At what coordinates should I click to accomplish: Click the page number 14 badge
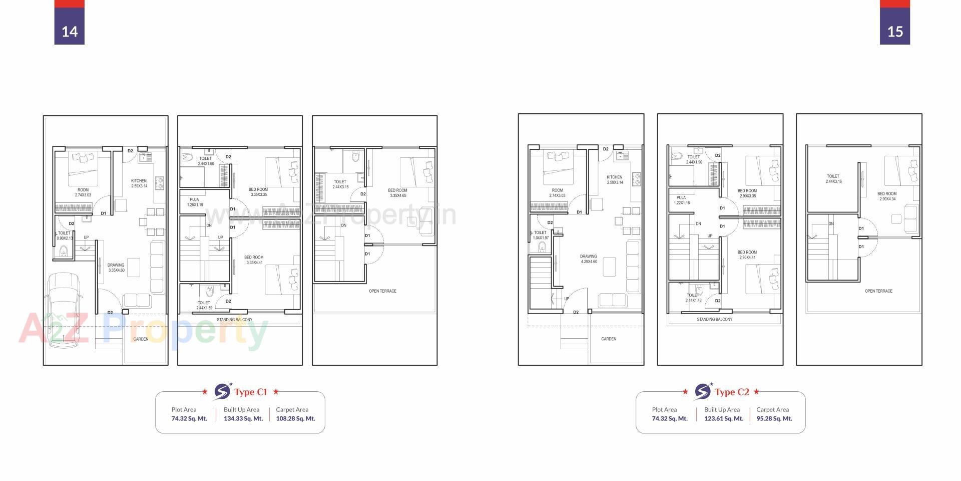pos(69,31)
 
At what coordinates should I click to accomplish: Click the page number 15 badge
pos(894,31)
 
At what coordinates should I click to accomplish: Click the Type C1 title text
pos(250,392)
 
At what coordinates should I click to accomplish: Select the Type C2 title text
pos(731,392)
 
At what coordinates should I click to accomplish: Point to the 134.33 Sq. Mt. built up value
pos(243,418)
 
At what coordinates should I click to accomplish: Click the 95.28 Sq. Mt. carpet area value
pos(774,418)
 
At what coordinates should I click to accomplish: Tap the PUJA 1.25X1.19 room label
pos(195,202)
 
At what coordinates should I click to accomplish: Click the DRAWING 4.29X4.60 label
pos(589,259)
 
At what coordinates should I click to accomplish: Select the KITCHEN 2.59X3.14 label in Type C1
pos(139,183)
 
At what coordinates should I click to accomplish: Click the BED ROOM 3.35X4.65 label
pos(397,193)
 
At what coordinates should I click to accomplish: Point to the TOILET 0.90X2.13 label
pos(64,235)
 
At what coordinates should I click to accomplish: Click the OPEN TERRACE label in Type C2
pos(878,291)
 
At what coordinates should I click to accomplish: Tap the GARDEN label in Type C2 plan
pos(609,339)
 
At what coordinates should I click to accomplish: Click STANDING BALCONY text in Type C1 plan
pos(234,320)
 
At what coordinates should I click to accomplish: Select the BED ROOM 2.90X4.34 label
pos(886,196)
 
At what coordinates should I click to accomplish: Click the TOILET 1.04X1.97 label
pos(540,235)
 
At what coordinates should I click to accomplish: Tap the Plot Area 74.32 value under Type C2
pos(670,418)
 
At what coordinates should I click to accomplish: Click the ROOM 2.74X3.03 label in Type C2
pos(557,193)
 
